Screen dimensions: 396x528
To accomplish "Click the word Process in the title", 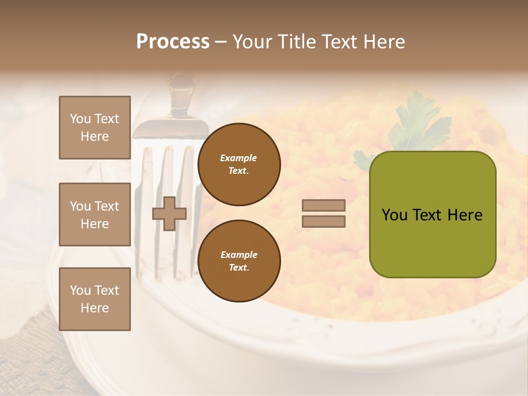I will tap(173, 42).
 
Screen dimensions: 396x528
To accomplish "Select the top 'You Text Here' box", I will tap(95, 128).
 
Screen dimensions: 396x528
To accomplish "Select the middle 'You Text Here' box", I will tap(95, 215).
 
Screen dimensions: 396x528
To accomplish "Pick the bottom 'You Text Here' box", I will tap(95, 299).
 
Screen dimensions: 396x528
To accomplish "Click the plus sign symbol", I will tap(169, 214).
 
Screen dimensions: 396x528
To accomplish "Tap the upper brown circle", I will tap(239, 164).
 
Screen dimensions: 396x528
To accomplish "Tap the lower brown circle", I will tap(239, 261).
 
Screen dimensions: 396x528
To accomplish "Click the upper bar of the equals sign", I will tap(323, 205).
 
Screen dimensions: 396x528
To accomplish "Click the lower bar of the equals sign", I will tap(323, 221).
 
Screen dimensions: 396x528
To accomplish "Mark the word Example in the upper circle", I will tap(238, 158).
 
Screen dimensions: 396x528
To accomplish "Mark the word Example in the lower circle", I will tap(239, 255).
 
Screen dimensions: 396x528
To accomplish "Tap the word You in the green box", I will tap(394, 215).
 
